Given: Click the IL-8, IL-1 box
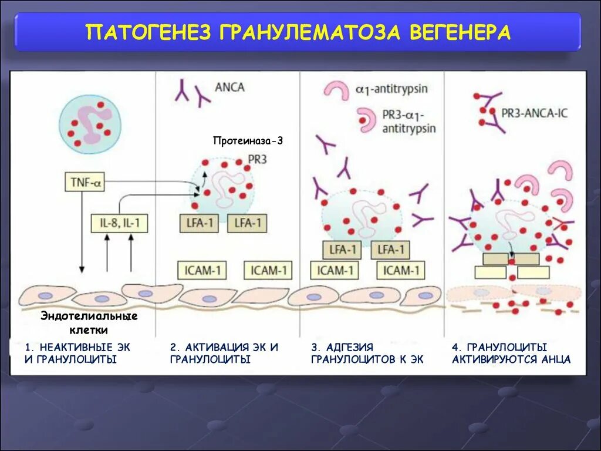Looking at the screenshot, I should coord(119,223).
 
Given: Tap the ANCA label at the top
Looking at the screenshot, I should coord(231,87).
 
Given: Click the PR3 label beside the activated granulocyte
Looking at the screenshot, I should coord(258,159).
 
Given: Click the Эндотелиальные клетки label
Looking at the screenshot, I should coord(89,322).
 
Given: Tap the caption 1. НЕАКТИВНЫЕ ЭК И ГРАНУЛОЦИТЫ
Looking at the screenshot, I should coord(77,353).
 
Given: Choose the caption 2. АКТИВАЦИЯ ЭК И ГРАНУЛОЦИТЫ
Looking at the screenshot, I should coord(224,353).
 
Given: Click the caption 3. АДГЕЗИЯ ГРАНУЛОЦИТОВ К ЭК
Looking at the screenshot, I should coord(367,353).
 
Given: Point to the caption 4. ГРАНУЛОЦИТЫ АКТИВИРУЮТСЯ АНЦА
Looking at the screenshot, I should coord(511,353).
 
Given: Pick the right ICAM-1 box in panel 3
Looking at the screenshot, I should coord(402,270).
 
